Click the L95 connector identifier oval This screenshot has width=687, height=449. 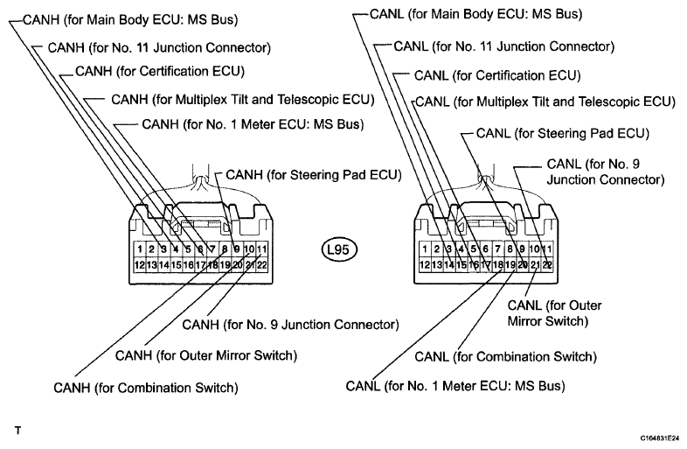point(339,249)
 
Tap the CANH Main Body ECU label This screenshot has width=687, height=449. point(130,20)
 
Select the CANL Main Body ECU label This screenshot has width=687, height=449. point(475,14)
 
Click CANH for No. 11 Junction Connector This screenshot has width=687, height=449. point(159,47)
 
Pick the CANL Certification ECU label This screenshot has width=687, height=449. point(497,75)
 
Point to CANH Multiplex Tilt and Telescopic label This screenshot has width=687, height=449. point(243,100)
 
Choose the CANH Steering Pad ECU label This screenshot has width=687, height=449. point(314,175)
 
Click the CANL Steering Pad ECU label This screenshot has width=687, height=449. point(563,133)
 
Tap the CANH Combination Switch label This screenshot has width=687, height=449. point(146,388)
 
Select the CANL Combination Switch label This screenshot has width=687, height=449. point(505,356)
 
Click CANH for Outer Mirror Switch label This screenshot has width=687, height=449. point(206,355)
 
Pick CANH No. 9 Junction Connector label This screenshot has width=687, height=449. point(290,325)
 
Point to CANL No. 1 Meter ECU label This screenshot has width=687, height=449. point(455,386)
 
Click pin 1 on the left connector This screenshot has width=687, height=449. point(139,249)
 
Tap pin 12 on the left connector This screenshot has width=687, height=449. point(139,264)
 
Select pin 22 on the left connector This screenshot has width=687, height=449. point(261,264)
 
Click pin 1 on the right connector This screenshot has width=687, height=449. point(425,249)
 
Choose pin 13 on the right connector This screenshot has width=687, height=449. point(436,264)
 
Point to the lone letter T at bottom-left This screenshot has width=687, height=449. point(17,431)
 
